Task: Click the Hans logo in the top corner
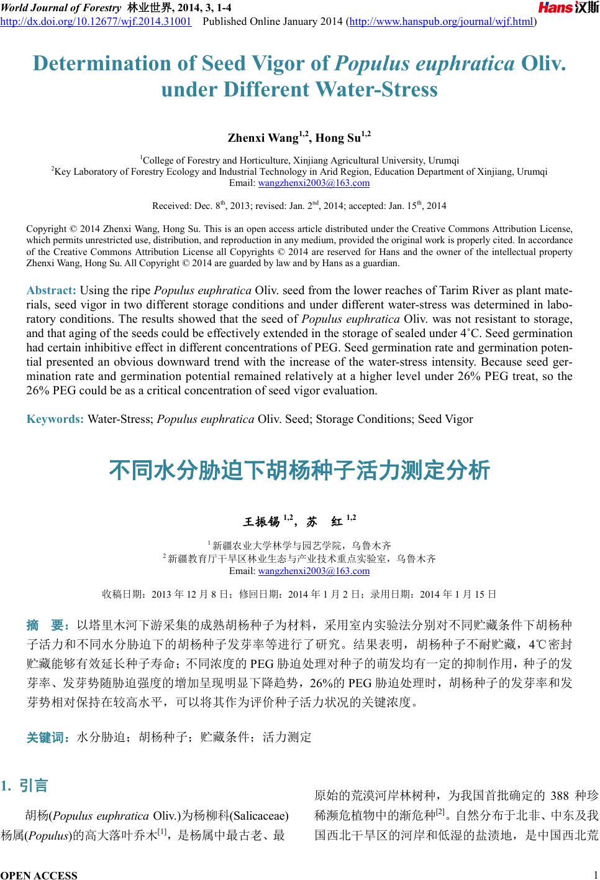tap(568, 8)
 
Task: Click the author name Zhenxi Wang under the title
tap(263, 137)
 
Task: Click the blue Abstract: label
tap(52, 290)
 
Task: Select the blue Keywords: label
tap(55, 419)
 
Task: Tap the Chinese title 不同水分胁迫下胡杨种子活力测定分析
tap(299, 470)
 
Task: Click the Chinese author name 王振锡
tap(260, 521)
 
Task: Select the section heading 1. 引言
tap(25, 785)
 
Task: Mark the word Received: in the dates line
tap(170, 206)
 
